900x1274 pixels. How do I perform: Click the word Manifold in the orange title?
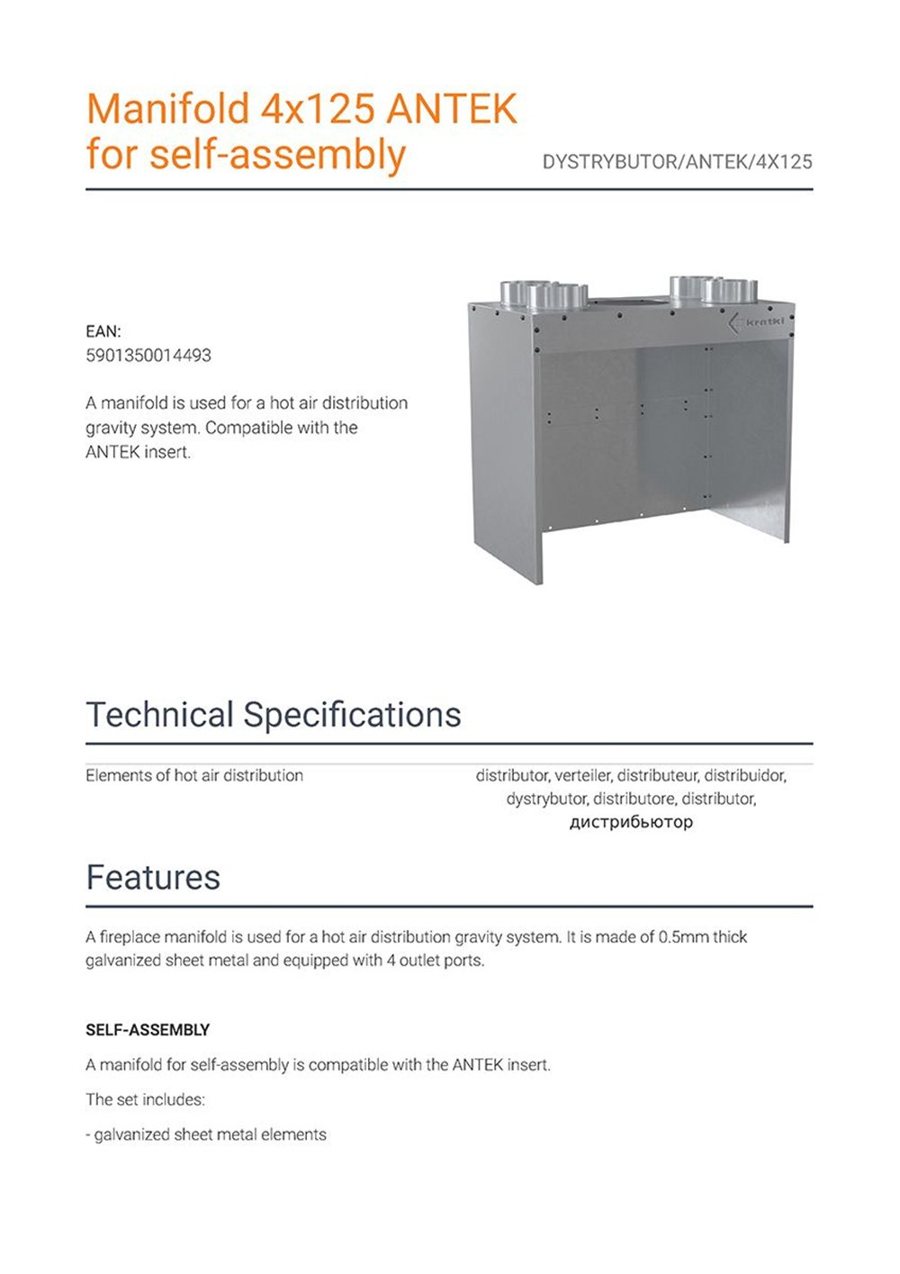[167, 109]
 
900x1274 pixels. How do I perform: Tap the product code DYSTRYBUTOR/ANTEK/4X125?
[677, 162]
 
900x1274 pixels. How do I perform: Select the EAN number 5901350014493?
[148, 356]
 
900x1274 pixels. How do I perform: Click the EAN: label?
[103, 331]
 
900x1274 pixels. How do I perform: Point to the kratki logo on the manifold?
[756, 321]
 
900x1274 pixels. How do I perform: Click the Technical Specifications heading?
[274, 715]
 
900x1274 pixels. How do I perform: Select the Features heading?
[153, 877]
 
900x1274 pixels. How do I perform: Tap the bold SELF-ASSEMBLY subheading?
[148, 1030]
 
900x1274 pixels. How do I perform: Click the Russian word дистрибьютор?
[631, 821]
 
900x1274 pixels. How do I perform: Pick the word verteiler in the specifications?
[582, 775]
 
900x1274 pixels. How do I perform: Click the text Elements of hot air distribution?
[194, 775]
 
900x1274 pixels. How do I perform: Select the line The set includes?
[145, 1099]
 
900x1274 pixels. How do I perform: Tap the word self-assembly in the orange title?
[277, 154]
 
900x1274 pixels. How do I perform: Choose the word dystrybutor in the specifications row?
[545, 799]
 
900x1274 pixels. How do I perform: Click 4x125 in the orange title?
[318, 109]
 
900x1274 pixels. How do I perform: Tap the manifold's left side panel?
[504, 441]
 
